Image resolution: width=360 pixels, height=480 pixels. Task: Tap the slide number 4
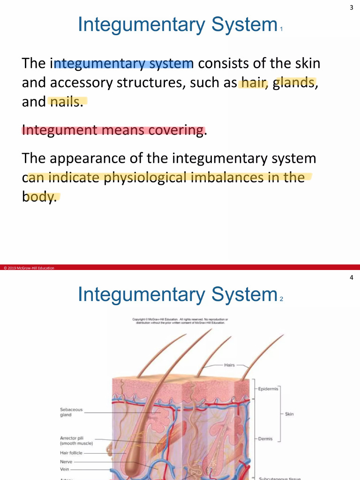coord(351,277)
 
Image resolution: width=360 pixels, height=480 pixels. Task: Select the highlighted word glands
coord(293,83)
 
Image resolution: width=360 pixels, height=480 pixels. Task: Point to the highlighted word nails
coord(66,102)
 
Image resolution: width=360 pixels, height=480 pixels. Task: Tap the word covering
coord(176,130)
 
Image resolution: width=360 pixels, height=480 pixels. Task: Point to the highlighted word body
coord(39,196)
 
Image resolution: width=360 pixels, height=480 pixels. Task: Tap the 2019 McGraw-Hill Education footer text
coord(29,268)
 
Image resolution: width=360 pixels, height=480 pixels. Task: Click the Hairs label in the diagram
coord(229,365)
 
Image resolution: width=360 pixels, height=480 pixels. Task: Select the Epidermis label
coord(268,389)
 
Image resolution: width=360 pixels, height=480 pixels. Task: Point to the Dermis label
coord(265,439)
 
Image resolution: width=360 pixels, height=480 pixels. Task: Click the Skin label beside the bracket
coord(289,414)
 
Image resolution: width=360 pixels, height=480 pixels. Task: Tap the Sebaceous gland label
coord(71,412)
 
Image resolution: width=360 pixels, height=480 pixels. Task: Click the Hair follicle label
coord(71,453)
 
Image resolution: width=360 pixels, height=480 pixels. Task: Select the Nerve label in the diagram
coord(66,461)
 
